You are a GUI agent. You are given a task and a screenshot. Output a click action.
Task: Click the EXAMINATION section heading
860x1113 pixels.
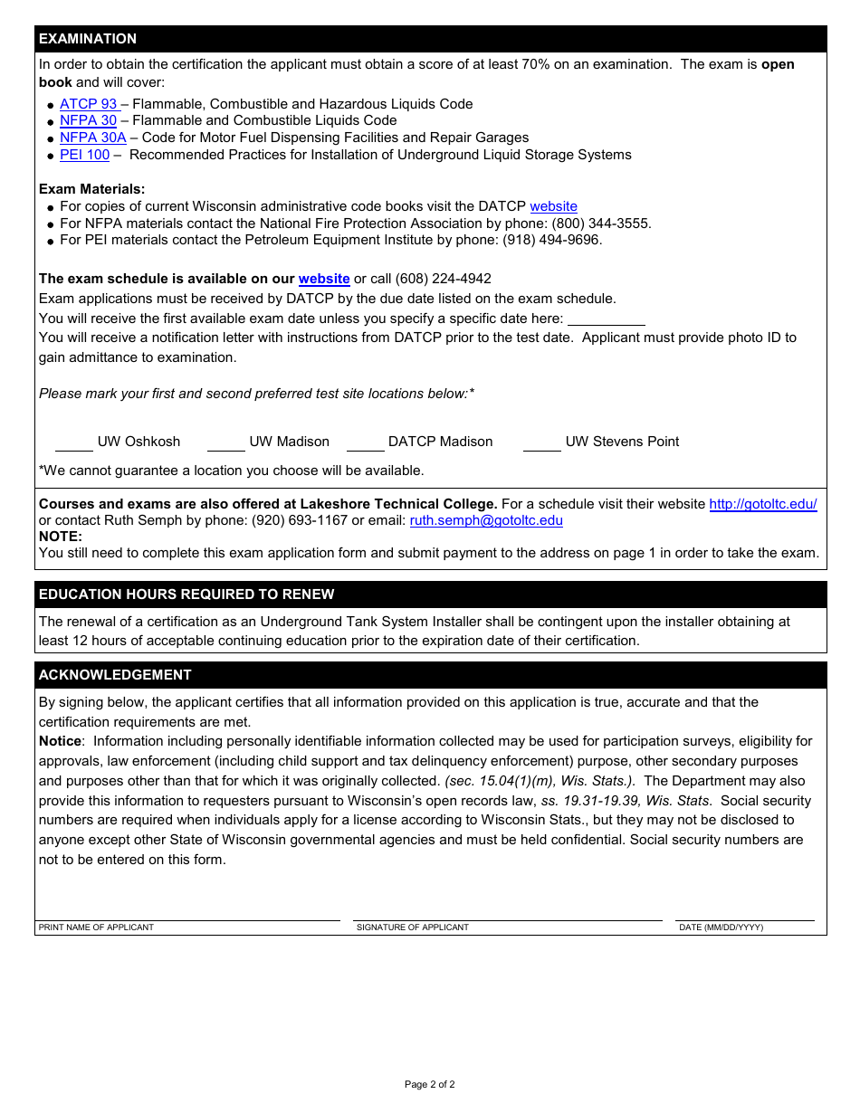pyautogui.click(x=88, y=39)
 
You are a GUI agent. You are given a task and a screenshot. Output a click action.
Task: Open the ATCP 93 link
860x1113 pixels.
pyautogui.click(x=89, y=104)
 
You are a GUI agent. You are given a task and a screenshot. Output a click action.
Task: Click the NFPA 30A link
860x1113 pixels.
pyautogui.click(x=92, y=138)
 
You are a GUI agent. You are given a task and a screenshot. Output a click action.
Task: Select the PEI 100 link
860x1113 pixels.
pyautogui.click(x=84, y=155)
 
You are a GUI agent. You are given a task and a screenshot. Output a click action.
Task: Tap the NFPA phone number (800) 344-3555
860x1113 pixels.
pyautogui.click(x=600, y=224)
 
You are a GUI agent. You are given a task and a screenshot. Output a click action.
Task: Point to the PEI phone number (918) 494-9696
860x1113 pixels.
pyautogui.click(x=551, y=240)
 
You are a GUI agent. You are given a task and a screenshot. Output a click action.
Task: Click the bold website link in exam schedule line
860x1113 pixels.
pyautogui.click(x=324, y=279)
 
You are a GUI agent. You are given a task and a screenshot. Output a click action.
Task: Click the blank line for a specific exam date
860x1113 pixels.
pyautogui.click(x=606, y=319)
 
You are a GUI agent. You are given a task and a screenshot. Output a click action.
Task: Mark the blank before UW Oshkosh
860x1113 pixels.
pyautogui.click(x=74, y=442)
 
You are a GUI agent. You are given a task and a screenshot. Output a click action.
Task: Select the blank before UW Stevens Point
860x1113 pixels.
pyautogui.click(x=541, y=442)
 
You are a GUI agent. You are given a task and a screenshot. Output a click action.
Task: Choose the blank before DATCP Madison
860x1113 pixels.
pyautogui.click(x=365, y=442)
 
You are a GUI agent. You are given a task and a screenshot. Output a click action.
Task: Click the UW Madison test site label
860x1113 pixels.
pyautogui.click(x=289, y=442)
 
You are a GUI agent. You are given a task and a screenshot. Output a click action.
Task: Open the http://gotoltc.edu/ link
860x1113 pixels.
pyautogui.click(x=762, y=504)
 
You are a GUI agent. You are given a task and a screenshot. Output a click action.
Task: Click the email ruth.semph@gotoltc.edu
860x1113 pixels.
pyautogui.click(x=486, y=520)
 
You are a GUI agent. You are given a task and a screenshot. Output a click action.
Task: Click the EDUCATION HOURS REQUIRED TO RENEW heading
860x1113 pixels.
pyautogui.click(x=186, y=595)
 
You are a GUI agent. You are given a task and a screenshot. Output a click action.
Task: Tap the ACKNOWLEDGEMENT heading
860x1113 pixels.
pyautogui.click(x=115, y=675)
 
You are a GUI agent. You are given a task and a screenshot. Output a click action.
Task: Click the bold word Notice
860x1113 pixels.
pyautogui.click(x=60, y=741)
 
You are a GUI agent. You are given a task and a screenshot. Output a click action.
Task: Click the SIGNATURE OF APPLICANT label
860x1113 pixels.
pyautogui.click(x=413, y=927)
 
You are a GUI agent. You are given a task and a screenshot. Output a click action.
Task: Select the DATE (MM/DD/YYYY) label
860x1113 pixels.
pyautogui.click(x=721, y=927)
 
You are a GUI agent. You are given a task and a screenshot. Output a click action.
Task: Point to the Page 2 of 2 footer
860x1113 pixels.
pyautogui.click(x=429, y=1084)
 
